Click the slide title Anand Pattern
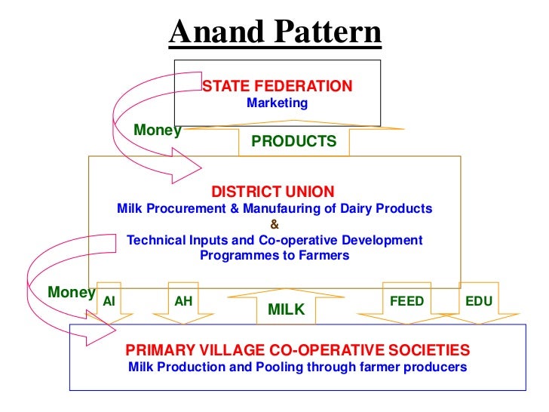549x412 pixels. pyautogui.click(x=275, y=32)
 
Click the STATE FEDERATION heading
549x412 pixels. pyautogui.click(x=278, y=86)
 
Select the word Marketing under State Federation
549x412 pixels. pyautogui.click(x=278, y=103)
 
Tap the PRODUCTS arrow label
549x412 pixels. pyautogui.click(x=293, y=141)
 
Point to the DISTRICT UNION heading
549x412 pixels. pyautogui.click(x=272, y=192)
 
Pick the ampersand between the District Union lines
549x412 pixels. pyautogui.click(x=274, y=224)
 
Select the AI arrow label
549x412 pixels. pyautogui.click(x=109, y=301)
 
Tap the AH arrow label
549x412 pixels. pyautogui.click(x=183, y=301)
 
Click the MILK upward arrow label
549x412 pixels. pyautogui.click(x=286, y=309)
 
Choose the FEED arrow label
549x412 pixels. pyautogui.click(x=406, y=301)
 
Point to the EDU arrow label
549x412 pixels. pyautogui.click(x=479, y=301)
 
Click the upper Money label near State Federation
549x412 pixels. pyautogui.click(x=157, y=131)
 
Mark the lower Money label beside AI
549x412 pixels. pyautogui.click(x=71, y=292)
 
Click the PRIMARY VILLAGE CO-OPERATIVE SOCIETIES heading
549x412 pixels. pyautogui.click(x=298, y=350)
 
